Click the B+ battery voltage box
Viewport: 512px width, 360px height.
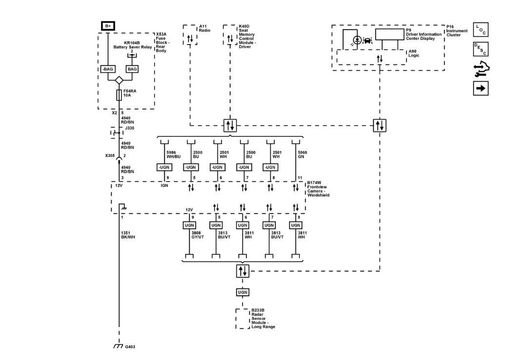(107, 25)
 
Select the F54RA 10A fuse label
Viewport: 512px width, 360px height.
(129, 93)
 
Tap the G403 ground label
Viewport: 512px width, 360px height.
(130, 347)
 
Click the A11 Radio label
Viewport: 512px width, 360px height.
(204, 28)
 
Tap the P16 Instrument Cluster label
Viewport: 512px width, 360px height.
(457, 31)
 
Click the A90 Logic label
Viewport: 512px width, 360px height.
(414, 53)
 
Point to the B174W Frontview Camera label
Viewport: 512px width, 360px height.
(318, 189)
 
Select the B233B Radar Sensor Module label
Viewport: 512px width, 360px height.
(263, 318)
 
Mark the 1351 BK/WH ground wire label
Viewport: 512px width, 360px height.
(128, 235)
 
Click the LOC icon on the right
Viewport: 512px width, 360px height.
(480, 30)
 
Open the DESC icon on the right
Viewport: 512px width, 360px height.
(480, 49)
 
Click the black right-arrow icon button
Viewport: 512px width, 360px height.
(480, 88)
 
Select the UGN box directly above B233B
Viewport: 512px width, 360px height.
(243, 292)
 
